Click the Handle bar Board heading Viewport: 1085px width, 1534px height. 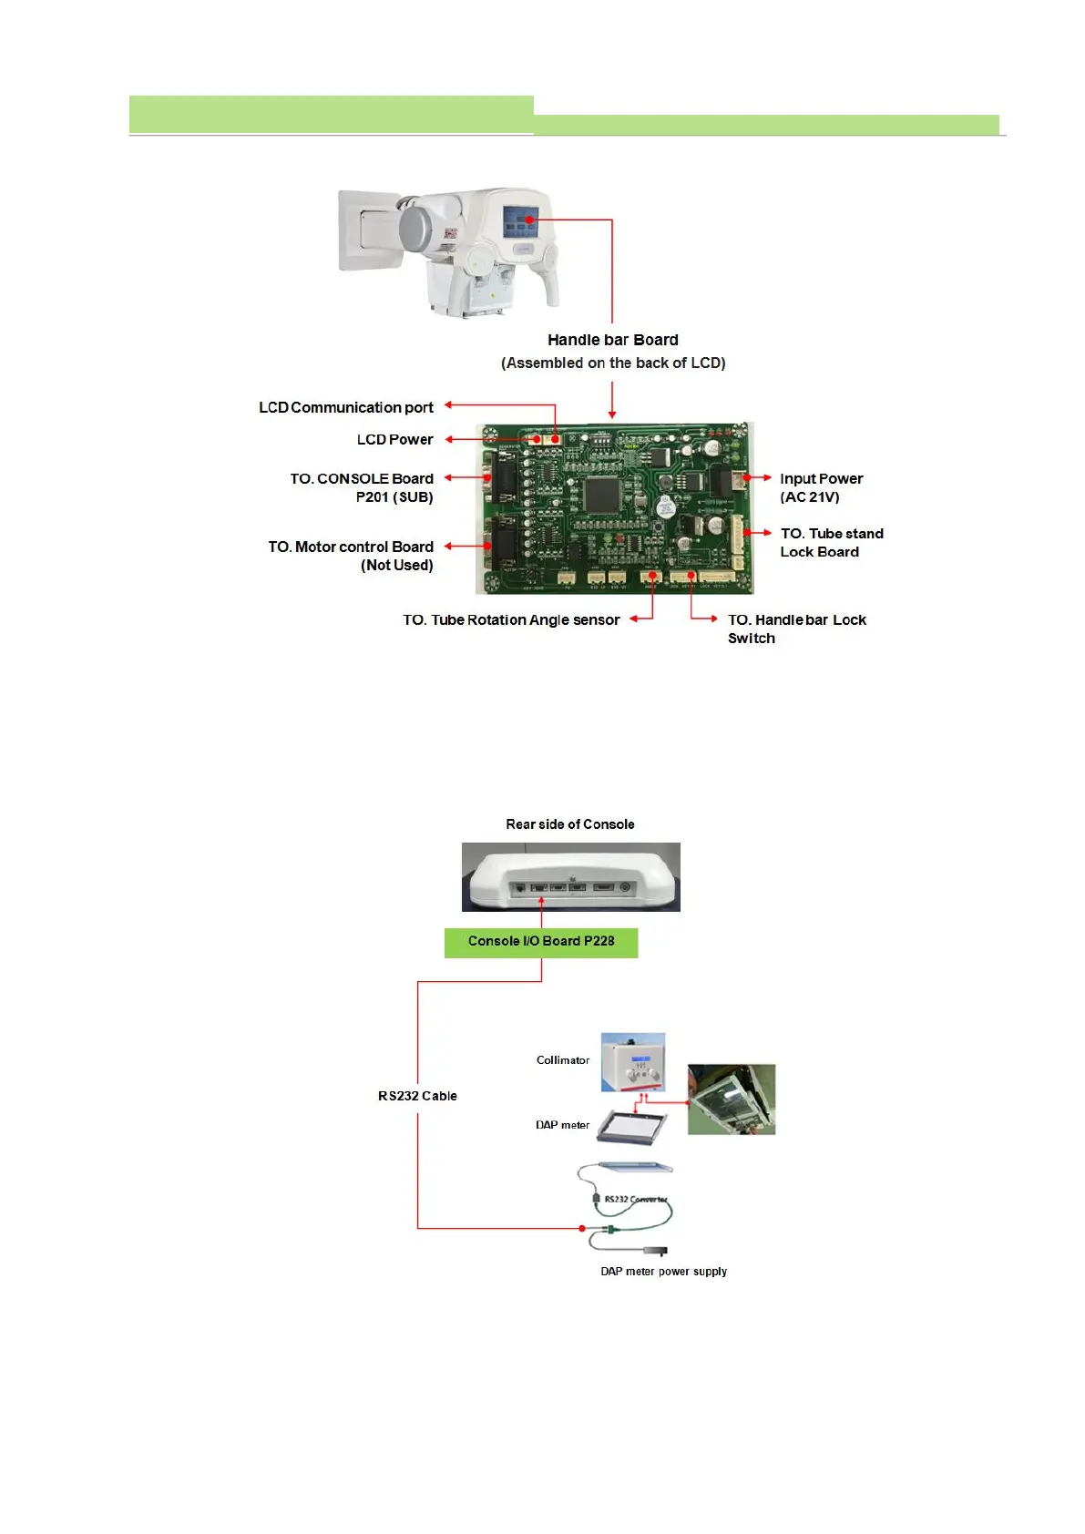612,340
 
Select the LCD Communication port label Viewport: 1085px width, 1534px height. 345,407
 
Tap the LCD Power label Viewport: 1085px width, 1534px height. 394,439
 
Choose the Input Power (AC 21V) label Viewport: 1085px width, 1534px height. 821,487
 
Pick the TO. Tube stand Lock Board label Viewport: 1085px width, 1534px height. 831,542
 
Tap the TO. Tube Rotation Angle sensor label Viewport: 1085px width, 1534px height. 511,619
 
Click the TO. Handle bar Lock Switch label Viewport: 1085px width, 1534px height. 796,629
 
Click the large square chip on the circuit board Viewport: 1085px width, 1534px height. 602,494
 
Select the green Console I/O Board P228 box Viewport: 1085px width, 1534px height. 541,942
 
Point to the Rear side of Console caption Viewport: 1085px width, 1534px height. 570,824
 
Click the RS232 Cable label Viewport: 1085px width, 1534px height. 417,1096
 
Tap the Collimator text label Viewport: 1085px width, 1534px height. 562,1060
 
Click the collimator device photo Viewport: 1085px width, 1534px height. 633,1062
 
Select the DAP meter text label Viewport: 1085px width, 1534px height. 562,1125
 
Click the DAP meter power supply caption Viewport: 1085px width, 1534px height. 663,1272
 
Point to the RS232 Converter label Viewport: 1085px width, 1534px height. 636,1200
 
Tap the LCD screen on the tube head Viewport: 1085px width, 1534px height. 521,221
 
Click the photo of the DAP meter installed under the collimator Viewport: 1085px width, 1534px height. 731,1099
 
